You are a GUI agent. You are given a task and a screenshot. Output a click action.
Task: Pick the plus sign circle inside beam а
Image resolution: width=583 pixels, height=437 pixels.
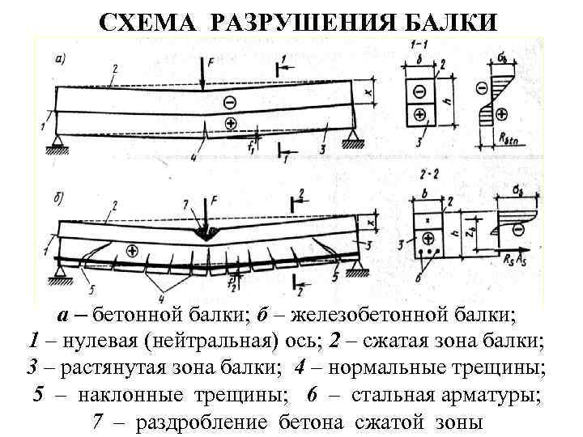(230, 123)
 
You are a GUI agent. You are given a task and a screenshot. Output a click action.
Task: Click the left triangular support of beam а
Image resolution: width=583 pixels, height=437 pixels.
(57, 143)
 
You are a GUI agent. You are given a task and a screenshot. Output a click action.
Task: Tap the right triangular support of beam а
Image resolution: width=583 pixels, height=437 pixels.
(351, 142)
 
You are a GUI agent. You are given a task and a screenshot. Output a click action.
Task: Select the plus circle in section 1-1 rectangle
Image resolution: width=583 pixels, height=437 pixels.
(419, 114)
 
